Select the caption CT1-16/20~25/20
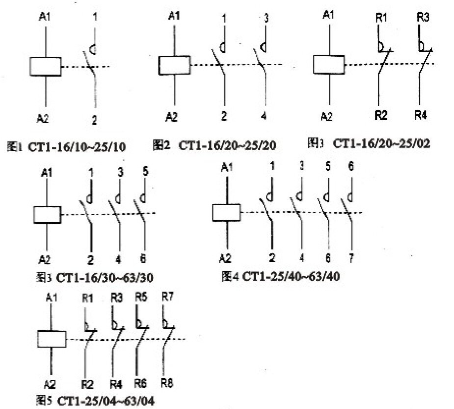(227, 145)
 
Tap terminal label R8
(167, 382)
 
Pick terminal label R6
(141, 382)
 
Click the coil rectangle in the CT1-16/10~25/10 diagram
(45, 66)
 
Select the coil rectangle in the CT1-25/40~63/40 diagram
(226, 213)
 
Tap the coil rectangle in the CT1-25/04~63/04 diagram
(52, 339)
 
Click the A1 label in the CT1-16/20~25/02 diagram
(329, 15)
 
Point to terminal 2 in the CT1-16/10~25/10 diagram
(95, 118)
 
